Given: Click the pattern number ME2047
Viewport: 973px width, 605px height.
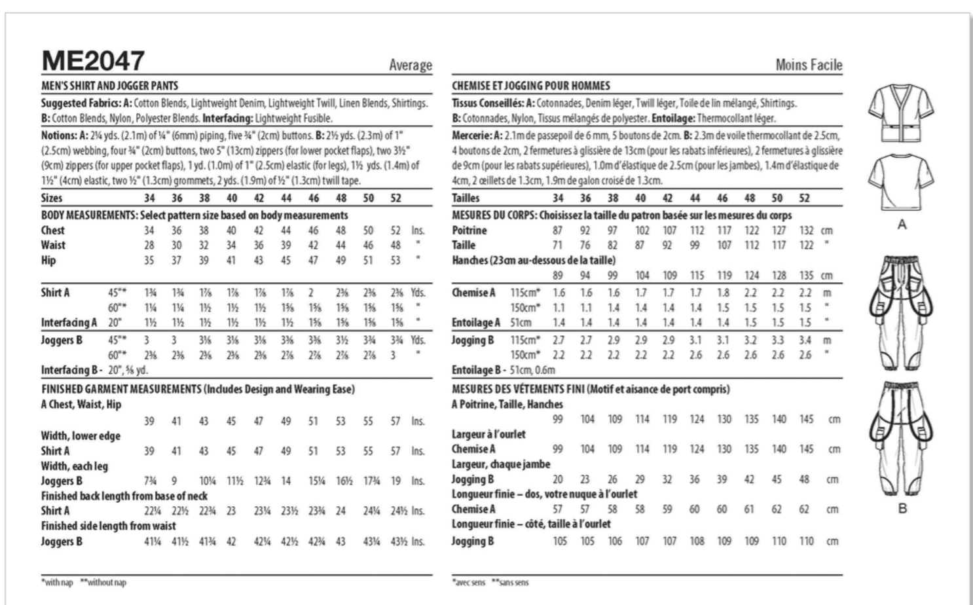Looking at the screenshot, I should [x=92, y=62].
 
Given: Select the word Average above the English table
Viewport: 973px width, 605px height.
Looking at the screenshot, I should [x=411, y=65].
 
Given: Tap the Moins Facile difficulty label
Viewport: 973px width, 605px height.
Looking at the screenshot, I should [x=809, y=65].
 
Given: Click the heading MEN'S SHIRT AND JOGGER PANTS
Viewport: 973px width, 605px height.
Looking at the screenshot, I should [x=109, y=86].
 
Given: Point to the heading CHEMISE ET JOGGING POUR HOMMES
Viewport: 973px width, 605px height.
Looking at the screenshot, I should [x=531, y=86].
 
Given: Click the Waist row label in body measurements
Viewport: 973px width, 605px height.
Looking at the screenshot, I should [x=53, y=245].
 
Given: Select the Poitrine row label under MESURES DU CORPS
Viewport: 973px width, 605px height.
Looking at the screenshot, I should [x=469, y=230].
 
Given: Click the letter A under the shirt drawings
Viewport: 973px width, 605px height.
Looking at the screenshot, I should [x=902, y=225].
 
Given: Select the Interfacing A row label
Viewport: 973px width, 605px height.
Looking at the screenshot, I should [x=69, y=322].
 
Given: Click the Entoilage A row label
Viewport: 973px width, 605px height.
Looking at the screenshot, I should [x=476, y=322].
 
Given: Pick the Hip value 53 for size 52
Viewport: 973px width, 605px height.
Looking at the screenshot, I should [x=395, y=260].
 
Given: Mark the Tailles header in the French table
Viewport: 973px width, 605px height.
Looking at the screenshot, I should [x=466, y=198].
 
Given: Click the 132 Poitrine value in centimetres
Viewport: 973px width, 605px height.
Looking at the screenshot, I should [x=806, y=230].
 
